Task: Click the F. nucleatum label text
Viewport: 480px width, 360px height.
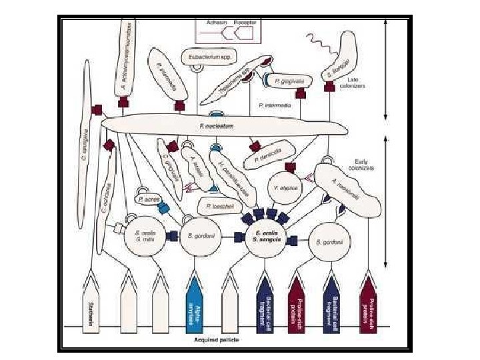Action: (x=210, y=124)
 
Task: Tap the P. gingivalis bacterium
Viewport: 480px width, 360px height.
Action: (x=290, y=81)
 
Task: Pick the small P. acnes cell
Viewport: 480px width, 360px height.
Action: (x=147, y=198)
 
